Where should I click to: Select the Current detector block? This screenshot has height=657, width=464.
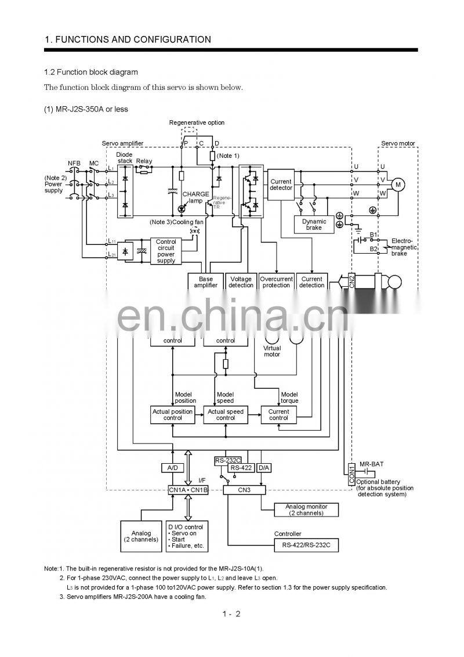[x=281, y=185]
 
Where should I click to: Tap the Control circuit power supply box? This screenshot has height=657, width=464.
[x=166, y=251]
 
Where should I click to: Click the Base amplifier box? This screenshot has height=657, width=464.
[x=206, y=281]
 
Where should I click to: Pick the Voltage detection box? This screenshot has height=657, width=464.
[x=241, y=281]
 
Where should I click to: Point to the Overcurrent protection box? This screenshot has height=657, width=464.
[x=276, y=281]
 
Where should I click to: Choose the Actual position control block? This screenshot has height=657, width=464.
[x=173, y=414]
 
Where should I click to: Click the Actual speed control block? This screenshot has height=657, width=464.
[x=226, y=414]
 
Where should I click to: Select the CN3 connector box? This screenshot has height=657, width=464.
[x=244, y=490]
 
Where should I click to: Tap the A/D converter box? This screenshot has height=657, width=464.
[x=172, y=467]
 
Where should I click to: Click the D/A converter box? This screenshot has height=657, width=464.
[x=263, y=467]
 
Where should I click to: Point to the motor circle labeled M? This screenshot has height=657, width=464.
[x=398, y=185]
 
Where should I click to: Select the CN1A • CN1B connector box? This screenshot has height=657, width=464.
[x=187, y=490]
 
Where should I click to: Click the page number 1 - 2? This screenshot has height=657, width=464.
[x=231, y=613]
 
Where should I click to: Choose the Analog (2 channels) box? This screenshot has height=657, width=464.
[x=141, y=536]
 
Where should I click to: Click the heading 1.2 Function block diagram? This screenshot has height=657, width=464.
[x=91, y=72]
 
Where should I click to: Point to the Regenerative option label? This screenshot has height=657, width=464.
[x=197, y=122]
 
